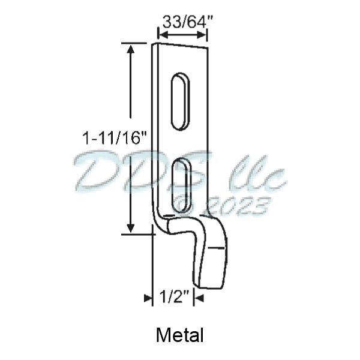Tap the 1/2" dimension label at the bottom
(x=175, y=296)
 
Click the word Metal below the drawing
(x=180, y=335)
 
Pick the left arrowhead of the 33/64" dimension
(x=161, y=35)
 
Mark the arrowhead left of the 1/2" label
(x=149, y=296)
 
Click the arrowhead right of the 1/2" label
(x=198, y=296)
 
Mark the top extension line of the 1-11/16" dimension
(x=134, y=43)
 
